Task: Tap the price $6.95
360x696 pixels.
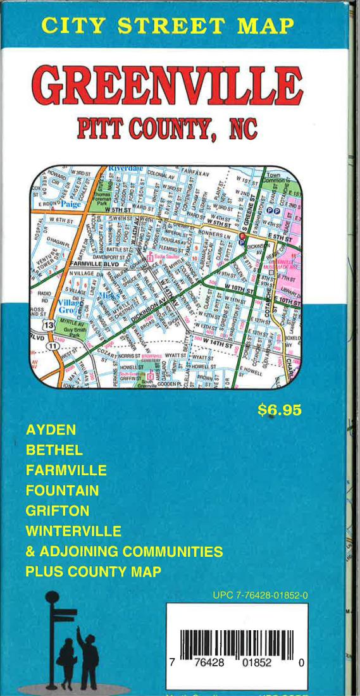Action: tap(279, 410)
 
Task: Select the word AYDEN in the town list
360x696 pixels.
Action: tap(51, 430)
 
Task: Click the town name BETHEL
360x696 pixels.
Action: tap(54, 451)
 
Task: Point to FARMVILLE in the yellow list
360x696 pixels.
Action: tap(66, 471)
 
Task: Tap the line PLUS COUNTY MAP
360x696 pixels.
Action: tap(93, 571)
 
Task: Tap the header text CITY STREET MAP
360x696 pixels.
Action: tap(168, 25)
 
